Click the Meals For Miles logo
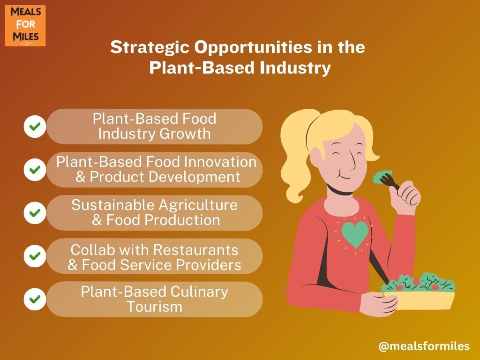tap(25, 26)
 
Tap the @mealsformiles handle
tap(424, 346)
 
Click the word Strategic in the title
tap(150, 48)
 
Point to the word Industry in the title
tap(295, 68)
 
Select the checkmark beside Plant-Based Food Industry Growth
tap(35, 127)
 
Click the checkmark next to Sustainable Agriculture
tap(35, 213)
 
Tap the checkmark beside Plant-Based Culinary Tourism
tap(35, 299)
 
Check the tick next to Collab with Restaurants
tap(35, 256)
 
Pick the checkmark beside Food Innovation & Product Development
tap(35, 170)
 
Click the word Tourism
tap(155, 307)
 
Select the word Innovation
tap(219, 162)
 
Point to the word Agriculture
tap(198, 206)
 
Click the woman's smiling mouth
tap(345, 177)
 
